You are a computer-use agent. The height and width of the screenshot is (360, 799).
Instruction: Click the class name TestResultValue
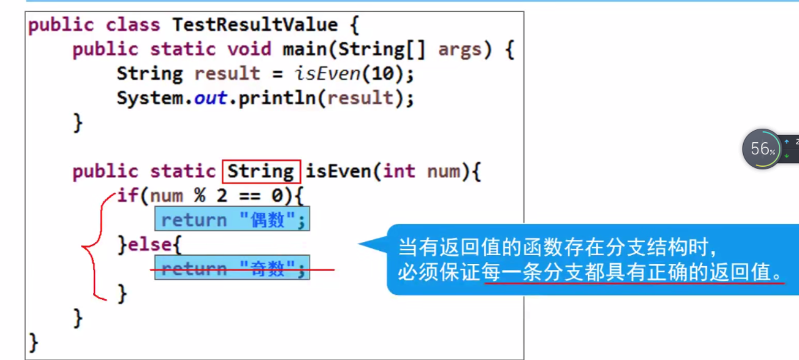click(x=255, y=25)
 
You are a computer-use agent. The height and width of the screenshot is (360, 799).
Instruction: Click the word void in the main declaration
click(x=249, y=49)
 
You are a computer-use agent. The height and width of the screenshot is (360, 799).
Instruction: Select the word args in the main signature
click(x=459, y=49)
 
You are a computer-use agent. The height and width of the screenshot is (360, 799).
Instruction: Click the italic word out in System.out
click(x=210, y=98)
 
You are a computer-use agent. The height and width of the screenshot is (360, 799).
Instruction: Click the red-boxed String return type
click(x=261, y=172)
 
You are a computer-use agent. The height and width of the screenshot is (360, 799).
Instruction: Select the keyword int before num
click(x=399, y=172)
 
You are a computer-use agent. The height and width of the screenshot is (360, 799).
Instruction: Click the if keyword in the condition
click(x=128, y=195)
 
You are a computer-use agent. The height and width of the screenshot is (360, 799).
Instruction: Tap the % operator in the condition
click(x=200, y=195)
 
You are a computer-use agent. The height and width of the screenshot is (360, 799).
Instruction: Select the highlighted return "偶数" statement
click(x=232, y=219)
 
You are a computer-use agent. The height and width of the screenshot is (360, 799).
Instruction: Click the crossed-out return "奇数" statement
click(x=232, y=268)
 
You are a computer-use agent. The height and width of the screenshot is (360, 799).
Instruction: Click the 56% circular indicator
click(x=762, y=149)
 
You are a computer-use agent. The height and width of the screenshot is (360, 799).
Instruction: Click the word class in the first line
click(x=132, y=25)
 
